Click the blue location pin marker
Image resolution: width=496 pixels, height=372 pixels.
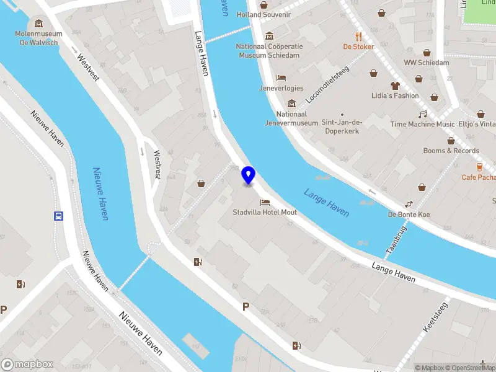249,175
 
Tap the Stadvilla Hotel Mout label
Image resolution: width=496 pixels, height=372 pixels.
265,212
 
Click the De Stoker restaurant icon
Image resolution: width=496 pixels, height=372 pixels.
358,36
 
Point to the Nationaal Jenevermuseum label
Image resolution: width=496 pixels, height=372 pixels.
297,118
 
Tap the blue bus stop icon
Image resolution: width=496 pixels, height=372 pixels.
58,216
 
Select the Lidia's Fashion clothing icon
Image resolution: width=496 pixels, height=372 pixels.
395,86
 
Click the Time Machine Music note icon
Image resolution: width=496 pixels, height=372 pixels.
422,114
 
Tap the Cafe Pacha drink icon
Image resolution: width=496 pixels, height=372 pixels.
479,167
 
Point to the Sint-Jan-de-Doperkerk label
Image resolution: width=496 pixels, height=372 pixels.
342,126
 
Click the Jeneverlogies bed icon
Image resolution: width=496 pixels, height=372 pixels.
281,78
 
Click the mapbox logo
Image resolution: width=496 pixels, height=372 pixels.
27,365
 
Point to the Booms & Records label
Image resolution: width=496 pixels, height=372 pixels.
451,151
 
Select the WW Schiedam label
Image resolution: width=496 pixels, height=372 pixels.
426,63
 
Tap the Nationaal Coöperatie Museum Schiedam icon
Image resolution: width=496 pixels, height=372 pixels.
269,36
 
